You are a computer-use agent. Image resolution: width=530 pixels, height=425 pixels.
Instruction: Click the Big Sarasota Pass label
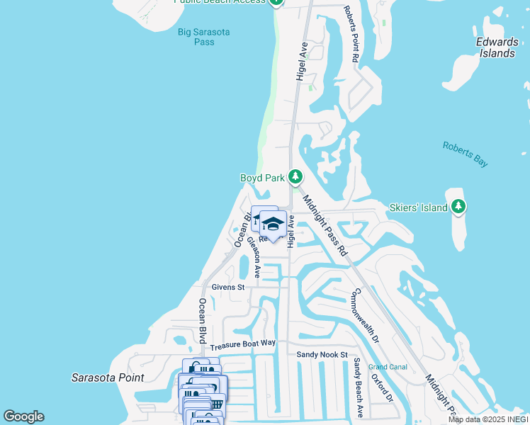[196, 37]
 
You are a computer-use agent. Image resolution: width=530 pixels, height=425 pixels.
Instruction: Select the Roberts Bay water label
[466, 154]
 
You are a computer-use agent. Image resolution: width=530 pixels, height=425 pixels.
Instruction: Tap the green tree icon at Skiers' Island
[458, 207]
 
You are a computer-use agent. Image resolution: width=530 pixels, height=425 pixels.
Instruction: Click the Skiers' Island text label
[419, 208]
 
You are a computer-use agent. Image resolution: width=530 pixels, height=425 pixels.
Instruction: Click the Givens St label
[227, 288]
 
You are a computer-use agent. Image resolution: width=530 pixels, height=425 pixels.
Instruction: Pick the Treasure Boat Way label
[243, 344]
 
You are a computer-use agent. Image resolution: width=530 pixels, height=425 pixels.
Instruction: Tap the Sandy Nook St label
[322, 354]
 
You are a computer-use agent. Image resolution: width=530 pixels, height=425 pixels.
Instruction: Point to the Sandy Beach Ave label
[359, 387]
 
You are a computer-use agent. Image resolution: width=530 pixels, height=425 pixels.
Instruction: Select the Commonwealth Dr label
[366, 316]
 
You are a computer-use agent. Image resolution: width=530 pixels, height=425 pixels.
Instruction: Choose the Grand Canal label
[387, 367]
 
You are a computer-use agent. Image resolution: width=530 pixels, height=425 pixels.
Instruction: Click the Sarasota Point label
[107, 378]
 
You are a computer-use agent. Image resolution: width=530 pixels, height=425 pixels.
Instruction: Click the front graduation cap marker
[272, 225]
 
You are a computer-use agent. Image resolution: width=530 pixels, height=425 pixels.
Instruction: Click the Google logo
[23, 416]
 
